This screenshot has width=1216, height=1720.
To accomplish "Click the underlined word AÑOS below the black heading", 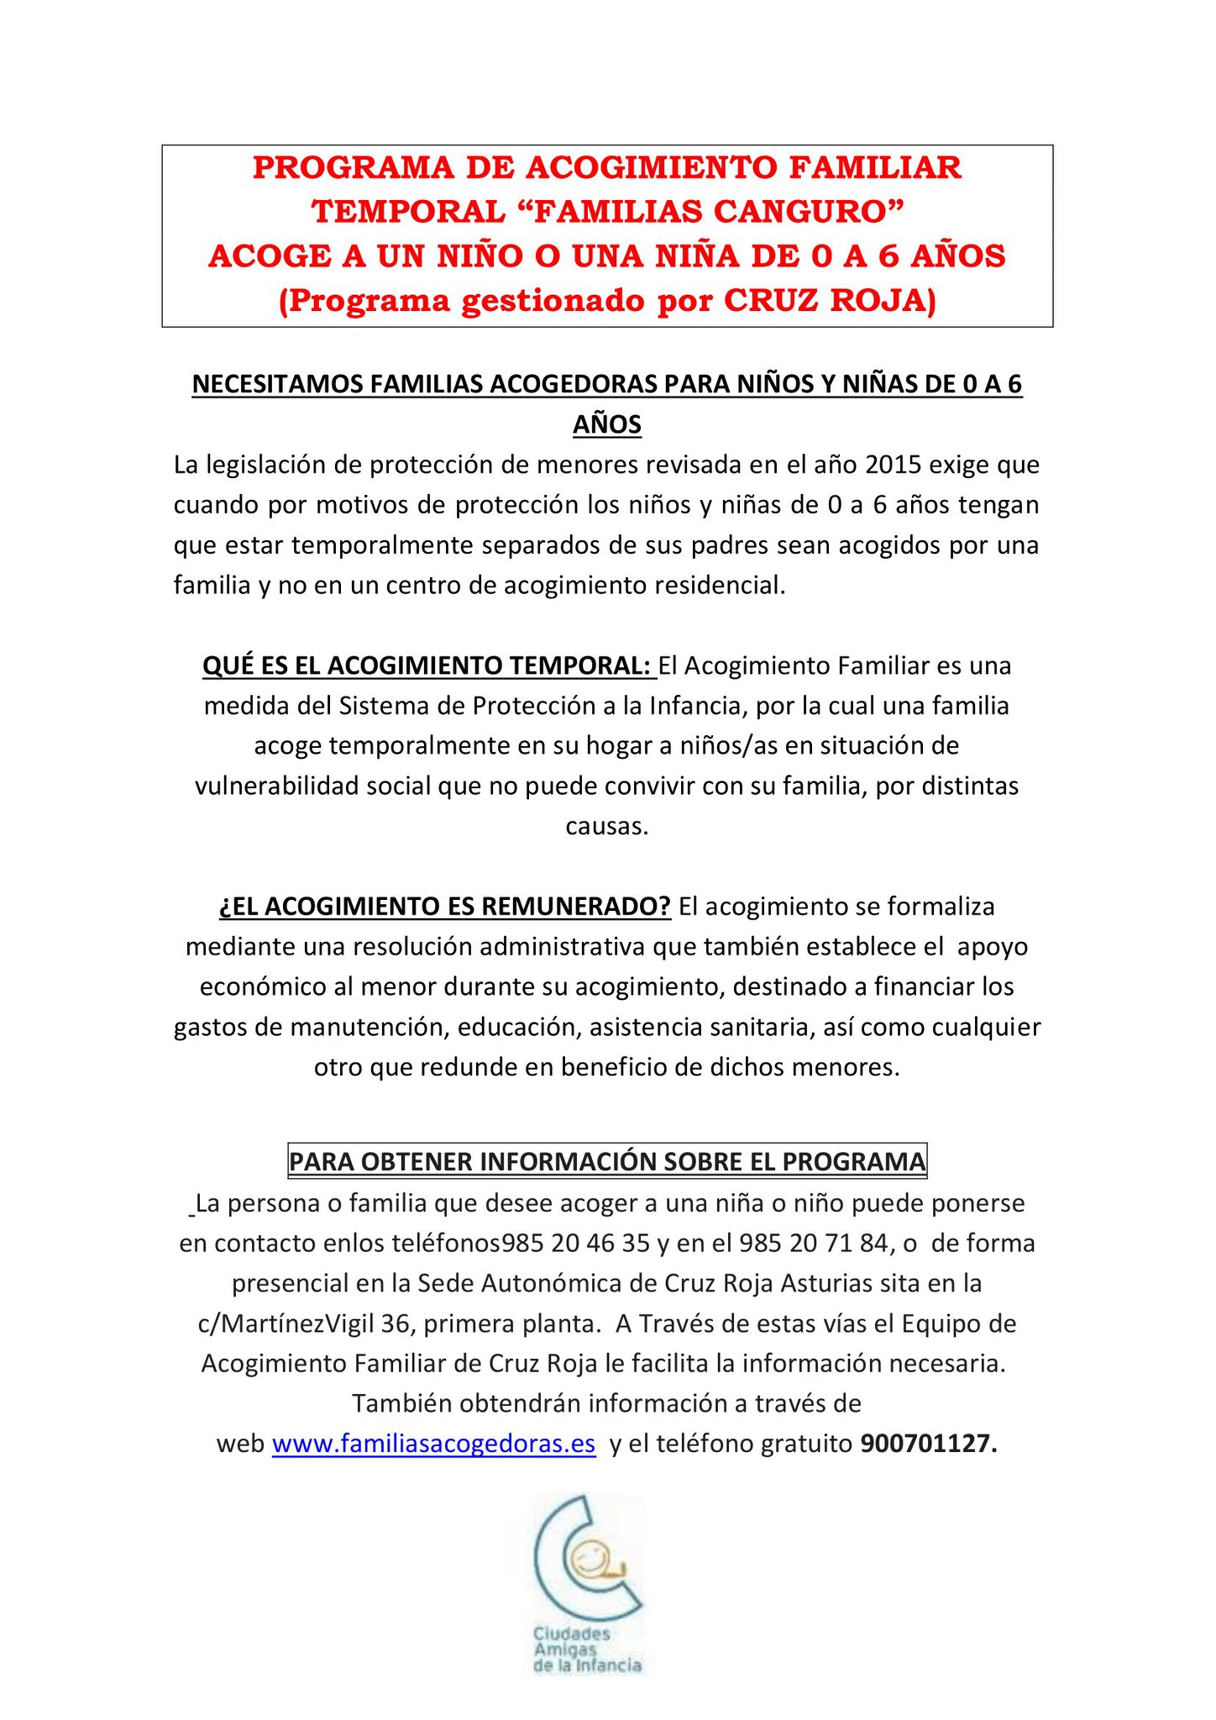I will point(607,425).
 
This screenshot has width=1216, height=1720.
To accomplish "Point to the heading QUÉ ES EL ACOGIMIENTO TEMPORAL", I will point(427,665).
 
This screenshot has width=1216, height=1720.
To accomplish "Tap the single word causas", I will point(607,826).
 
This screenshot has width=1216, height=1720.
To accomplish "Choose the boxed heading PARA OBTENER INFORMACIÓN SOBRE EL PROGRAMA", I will point(607,1162).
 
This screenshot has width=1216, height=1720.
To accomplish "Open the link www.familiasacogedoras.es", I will point(433,1444).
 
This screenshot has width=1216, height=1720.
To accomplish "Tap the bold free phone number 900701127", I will point(928,1444).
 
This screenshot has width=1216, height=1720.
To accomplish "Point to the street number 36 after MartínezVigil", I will point(395,1323).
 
